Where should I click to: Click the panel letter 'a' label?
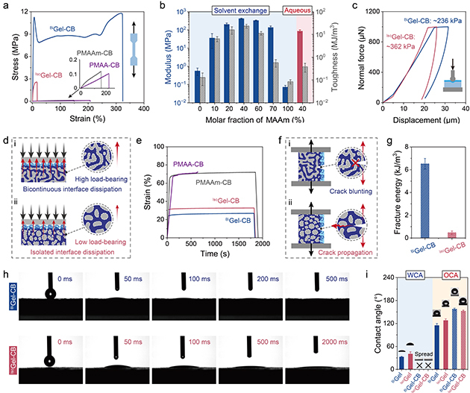click(x=6, y=5)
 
